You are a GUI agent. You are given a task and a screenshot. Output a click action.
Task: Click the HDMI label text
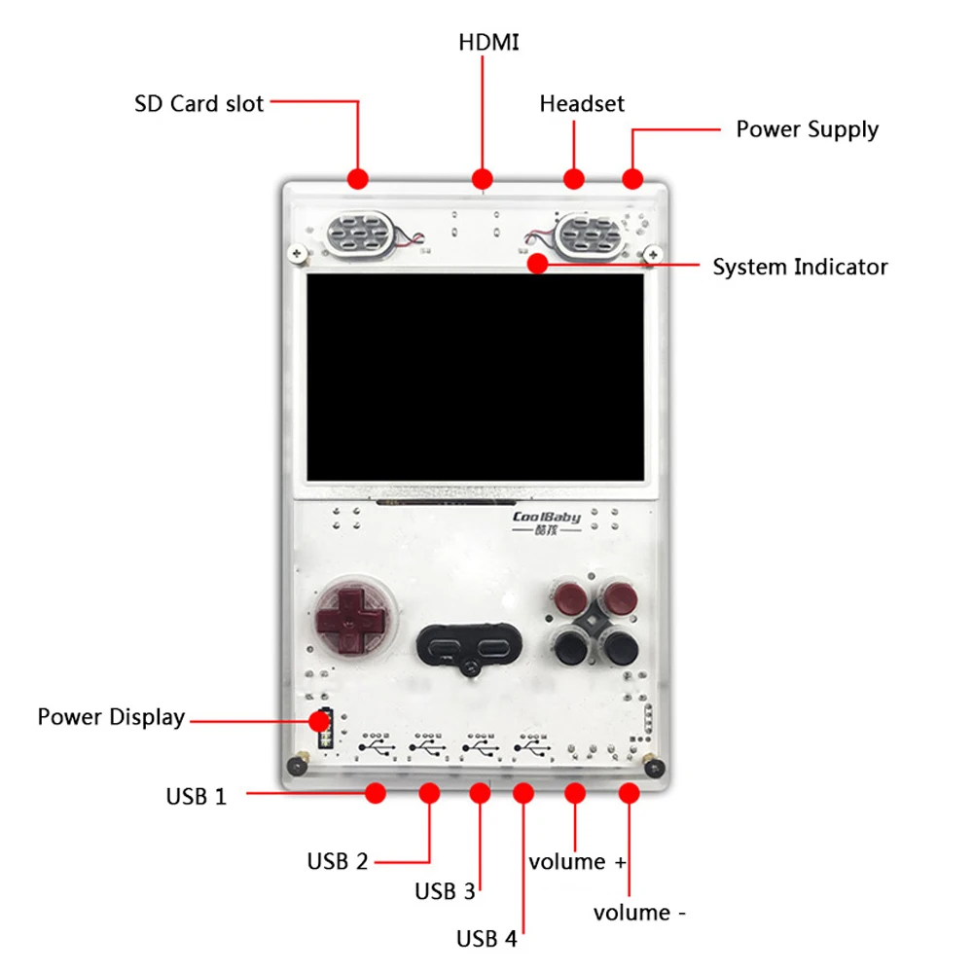coord(488,43)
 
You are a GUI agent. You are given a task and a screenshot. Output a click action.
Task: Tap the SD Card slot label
coord(198,103)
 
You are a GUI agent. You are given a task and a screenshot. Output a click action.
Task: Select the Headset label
coord(582,103)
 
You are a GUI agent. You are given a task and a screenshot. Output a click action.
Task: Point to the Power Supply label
coord(807,129)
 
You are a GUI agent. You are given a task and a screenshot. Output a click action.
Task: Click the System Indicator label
coord(800,267)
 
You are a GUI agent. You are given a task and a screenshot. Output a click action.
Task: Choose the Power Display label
coord(111,718)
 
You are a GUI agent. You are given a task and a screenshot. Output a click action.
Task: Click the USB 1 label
coord(196,797)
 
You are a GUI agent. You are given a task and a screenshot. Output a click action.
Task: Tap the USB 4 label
coord(486,940)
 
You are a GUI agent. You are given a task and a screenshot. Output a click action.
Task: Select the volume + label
coord(578,862)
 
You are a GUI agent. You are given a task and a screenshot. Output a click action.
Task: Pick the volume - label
coord(640,914)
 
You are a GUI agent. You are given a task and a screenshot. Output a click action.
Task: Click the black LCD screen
coord(475,378)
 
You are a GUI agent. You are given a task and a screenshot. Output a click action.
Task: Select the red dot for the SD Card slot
coord(358,178)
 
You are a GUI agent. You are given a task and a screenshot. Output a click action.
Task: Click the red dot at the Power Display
coord(319,721)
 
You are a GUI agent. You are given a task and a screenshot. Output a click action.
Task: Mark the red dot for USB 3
coord(480,793)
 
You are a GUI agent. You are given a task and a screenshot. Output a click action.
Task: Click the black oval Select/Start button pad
coord(470,645)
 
